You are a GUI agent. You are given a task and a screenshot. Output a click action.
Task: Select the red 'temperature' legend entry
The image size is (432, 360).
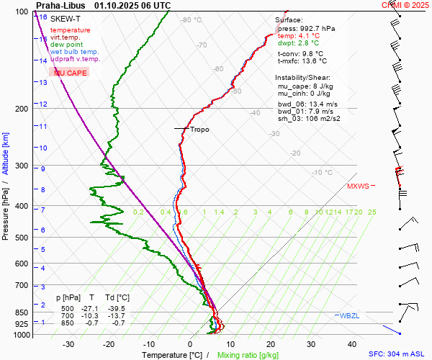[x=71, y=30]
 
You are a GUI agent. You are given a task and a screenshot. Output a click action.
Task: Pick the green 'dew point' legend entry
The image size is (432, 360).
[x=67, y=45]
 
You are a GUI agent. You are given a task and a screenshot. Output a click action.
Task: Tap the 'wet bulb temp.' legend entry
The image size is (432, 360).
[x=75, y=52]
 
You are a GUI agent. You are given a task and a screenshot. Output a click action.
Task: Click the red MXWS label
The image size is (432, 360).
[x=358, y=186]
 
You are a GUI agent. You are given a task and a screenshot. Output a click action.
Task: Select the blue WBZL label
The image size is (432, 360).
[x=350, y=316]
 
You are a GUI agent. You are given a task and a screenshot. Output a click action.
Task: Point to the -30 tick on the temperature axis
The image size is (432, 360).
[x=68, y=344]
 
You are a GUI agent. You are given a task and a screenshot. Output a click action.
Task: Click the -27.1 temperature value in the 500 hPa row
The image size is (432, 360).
[x=91, y=307]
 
